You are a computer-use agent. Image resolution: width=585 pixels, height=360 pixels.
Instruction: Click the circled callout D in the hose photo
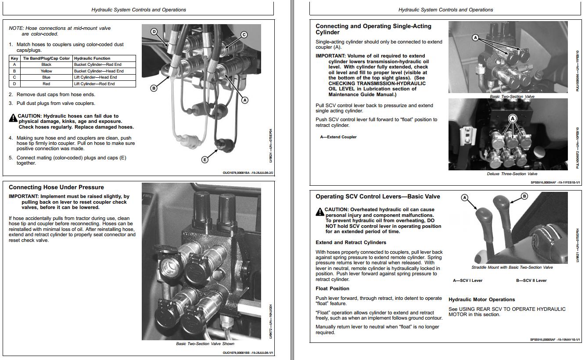pyautogui.click(x=154, y=32)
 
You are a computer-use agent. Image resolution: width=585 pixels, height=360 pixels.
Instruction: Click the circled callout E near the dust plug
pyautogui.click(x=205, y=159)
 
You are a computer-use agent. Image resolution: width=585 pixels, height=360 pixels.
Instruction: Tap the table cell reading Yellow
pyautogui.click(x=46, y=71)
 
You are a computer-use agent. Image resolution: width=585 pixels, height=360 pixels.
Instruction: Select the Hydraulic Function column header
pyautogui.click(x=92, y=58)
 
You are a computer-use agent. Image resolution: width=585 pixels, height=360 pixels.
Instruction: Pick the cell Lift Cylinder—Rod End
pyautogui.click(x=94, y=83)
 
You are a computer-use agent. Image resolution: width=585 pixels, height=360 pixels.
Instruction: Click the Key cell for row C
pyautogui.click(x=14, y=77)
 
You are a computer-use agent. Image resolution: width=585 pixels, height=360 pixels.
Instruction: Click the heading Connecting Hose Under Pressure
pyautogui.click(x=56, y=187)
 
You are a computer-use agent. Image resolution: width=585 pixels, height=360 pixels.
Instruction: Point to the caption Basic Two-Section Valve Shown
pyautogui.click(x=205, y=344)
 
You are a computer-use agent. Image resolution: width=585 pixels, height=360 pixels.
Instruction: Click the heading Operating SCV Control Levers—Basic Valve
pyautogui.click(x=378, y=196)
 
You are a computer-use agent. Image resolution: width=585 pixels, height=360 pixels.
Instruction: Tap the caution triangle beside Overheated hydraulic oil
pyautogui.click(x=320, y=212)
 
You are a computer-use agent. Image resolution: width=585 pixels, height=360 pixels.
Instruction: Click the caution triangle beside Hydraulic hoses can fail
pyautogui.click(x=13, y=118)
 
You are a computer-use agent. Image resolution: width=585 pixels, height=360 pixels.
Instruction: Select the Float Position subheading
pyautogui.click(x=332, y=288)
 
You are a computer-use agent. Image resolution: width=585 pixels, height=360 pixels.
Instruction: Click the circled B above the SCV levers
pyautogui.click(x=524, y=196)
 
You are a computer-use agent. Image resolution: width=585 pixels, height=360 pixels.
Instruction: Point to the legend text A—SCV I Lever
pyautogui.click(x=467, y=281)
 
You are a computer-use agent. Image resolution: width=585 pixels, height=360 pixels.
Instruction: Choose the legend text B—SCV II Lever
pyautogui.click(x=531, y=281)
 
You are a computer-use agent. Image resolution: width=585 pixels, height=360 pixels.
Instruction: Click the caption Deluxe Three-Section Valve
pyautogui.click(x=512, y=174)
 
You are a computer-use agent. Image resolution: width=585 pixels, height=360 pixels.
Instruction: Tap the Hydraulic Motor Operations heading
pyautogui.click(x=481, y=299)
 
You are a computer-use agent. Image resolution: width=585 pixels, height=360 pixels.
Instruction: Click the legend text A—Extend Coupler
pyautogui.click(x=338, y=137)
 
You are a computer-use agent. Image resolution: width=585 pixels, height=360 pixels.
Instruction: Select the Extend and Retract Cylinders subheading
pyautogui.click(x=351, y=242)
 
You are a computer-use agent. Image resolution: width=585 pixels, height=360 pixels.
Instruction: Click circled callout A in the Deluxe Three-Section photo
pyautogui.click(x=512, y=119)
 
